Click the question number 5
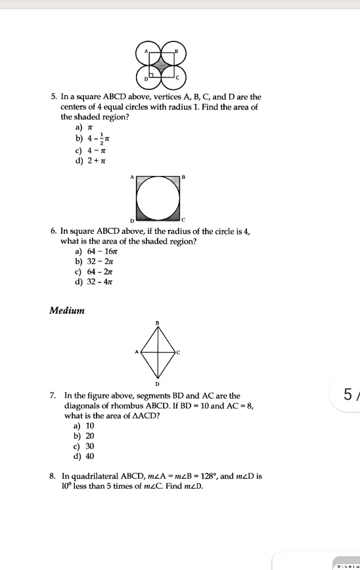53,97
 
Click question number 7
53,396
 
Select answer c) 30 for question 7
85,445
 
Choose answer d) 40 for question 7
85,456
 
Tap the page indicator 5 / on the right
348,396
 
